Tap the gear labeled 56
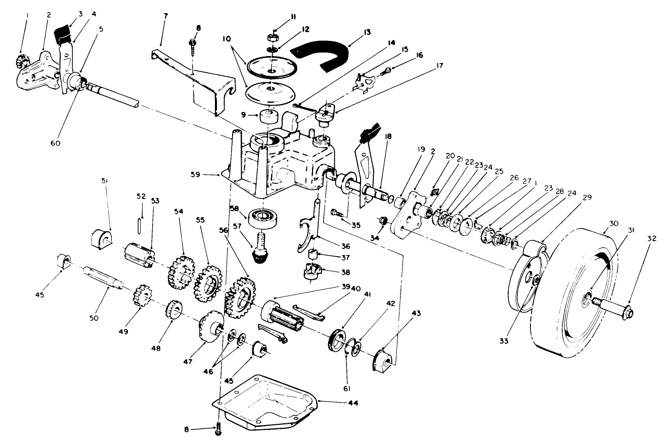(x=239, y=295)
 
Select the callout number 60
(x=55, y=143)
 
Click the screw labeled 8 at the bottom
(x=219, y=429)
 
